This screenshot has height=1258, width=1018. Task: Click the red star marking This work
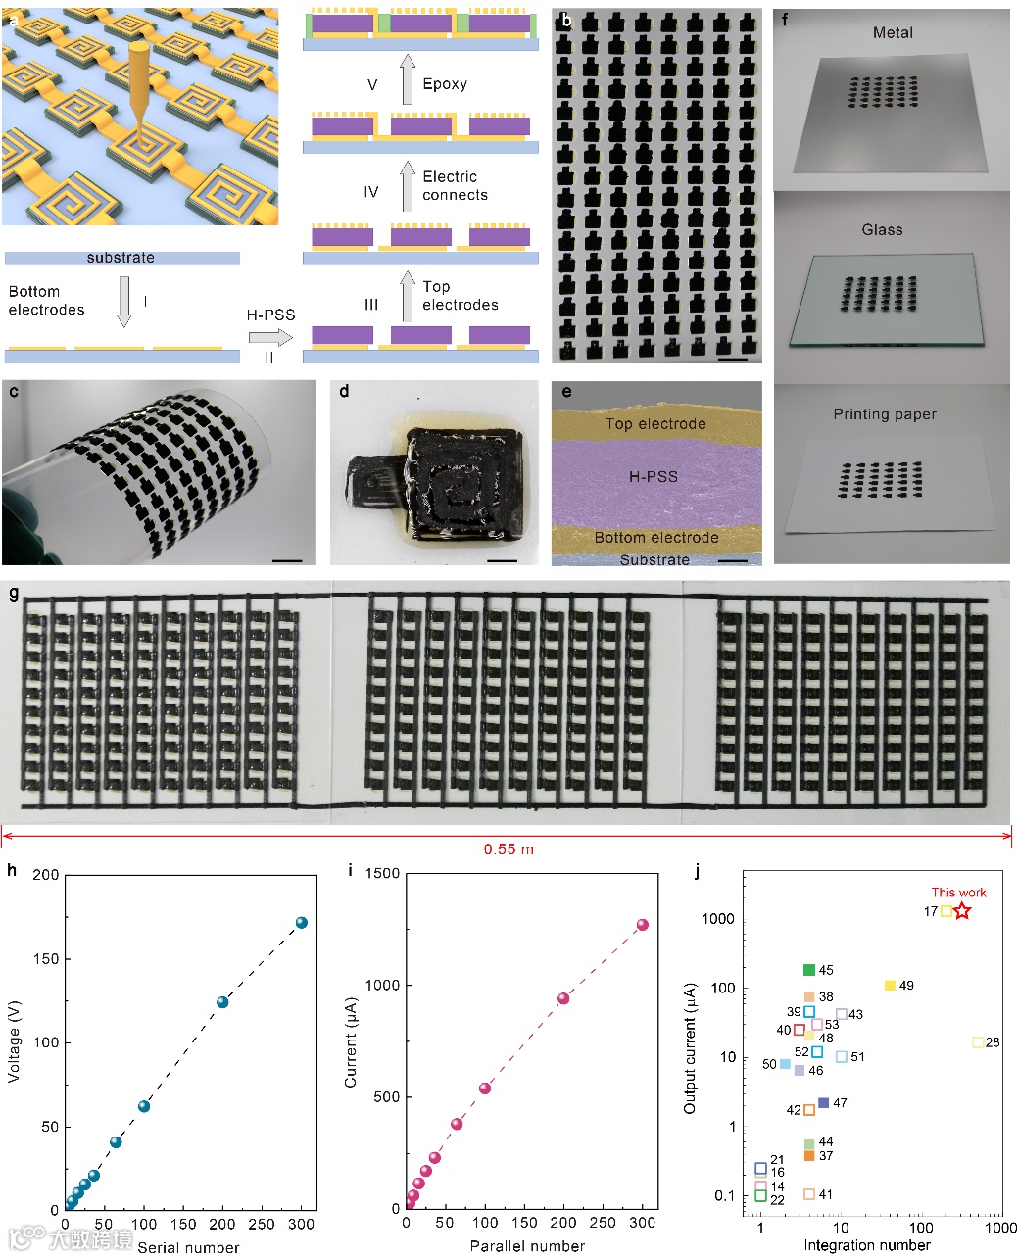962,911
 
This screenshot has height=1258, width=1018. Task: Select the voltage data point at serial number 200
222,1001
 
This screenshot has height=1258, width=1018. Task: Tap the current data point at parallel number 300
643,925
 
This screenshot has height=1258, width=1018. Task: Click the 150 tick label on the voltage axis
45,958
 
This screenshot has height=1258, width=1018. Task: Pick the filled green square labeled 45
809,970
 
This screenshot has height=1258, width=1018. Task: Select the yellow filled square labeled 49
890,986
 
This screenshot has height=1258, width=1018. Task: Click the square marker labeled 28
977,1042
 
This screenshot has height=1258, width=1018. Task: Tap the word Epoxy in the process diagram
445,84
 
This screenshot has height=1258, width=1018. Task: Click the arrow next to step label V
408,80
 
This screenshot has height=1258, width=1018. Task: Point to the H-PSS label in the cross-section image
654,477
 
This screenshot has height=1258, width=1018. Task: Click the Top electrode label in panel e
655,424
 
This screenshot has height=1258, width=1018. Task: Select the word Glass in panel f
882,230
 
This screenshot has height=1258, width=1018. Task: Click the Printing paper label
885,414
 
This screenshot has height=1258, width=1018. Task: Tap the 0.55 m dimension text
509,848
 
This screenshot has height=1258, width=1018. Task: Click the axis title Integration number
867,1245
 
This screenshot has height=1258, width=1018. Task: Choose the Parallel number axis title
527,1246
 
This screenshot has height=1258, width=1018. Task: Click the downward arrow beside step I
123,301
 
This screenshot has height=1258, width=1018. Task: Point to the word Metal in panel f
893,33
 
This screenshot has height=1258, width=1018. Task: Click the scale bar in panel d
502,560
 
